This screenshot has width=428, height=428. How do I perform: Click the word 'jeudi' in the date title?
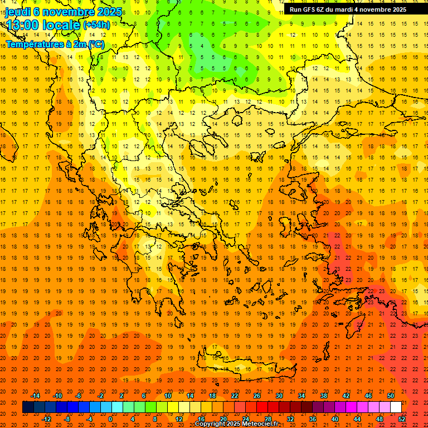point(18,12)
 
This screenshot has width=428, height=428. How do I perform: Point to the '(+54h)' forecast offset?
point(96,25)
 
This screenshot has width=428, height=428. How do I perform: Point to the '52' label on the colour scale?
point(402,419)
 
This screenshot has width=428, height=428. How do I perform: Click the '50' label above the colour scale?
point(391,396)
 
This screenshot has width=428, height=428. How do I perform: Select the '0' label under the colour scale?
point(110,419)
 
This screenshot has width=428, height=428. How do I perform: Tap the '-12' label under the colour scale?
point(46,419)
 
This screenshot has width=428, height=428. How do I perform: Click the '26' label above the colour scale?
point(257,396)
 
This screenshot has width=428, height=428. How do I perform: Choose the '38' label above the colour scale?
point(324,396)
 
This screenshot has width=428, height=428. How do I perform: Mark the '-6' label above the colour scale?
point(79,396)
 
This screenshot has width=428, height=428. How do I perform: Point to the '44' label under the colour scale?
point(357,419)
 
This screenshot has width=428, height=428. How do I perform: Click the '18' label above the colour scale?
point(212,396)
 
